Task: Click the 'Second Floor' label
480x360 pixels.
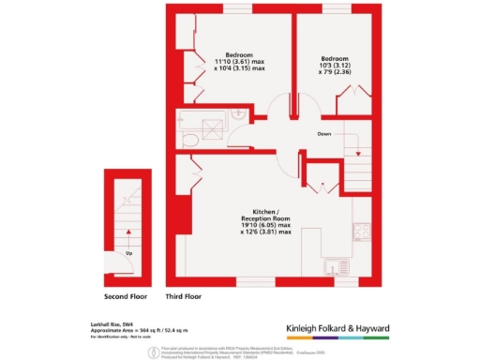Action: tap(127, 297)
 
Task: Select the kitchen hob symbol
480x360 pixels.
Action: tap(360, 232)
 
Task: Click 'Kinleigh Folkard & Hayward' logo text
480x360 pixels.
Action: tap(349, 328)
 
